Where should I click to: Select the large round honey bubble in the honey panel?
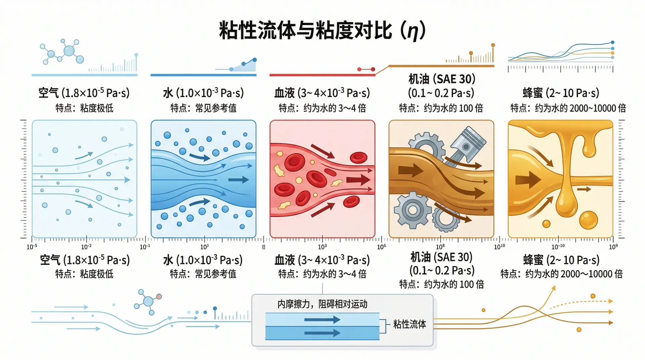pyautogui.click(x=588, y=220)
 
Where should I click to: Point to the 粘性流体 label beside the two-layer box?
pyautogui.click(x=410, y=324)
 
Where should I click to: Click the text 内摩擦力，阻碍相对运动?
pyautogui.click(x=322, y=304)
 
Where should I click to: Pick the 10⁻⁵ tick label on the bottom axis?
pyautogui.click(x=32, y=247)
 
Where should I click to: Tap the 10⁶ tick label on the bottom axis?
pyautogui.click(x=381, y=247)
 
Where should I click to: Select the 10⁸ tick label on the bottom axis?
pyautogui.click(x=440, y=247)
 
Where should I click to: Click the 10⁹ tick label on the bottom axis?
pyautogui.click(x=613, y=247)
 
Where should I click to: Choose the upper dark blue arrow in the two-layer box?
pyautogui.click(x=322, y=319)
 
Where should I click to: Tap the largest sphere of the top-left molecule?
pyautogui.click(x=69, y=51)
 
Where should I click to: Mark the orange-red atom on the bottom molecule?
pyautogui.click(x=159, y=297)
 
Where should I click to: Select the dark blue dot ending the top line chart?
pyautogui.click(x=612, y=42)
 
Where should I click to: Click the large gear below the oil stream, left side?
pyautogui.click(x=413, y=210)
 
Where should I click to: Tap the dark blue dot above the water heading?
pyautogui.click(x=255, y=60)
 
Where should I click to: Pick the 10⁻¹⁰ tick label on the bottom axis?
pyautogui.click(x=558, y=247)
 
